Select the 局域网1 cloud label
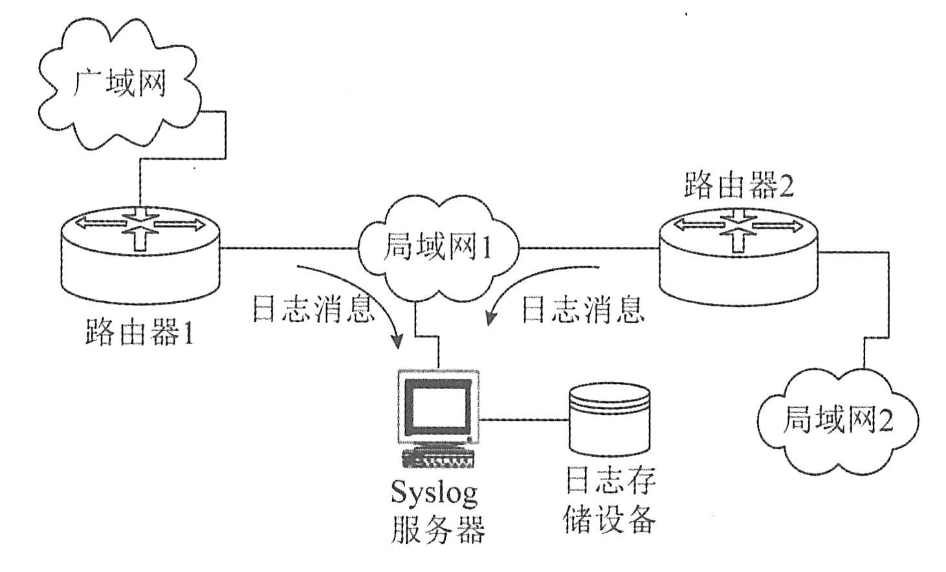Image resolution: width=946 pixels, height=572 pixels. click(437, 248)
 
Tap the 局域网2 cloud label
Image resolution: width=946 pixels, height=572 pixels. click(837, 421)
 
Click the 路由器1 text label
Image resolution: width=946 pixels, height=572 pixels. click(139, 334)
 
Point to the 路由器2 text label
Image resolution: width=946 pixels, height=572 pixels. click(738, 187)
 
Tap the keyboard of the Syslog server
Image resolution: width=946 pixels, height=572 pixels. click(438, 458)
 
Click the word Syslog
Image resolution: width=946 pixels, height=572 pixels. click(435, 495)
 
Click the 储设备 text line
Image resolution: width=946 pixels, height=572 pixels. click(610, 518)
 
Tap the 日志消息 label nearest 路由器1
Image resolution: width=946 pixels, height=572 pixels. click(313, 309)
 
